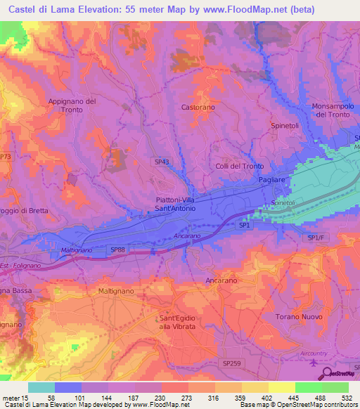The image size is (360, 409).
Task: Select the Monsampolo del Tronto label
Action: click(x=330, y=110)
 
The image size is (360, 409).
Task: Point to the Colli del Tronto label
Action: click(x=240, y=167)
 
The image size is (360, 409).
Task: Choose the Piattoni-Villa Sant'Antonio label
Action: click(x=171, y=204)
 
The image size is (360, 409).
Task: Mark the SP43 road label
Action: click(x=162, y=162)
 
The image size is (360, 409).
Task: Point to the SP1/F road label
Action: click(x=317, y=239)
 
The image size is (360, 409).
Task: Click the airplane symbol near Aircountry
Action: click(x=312, y=361)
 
